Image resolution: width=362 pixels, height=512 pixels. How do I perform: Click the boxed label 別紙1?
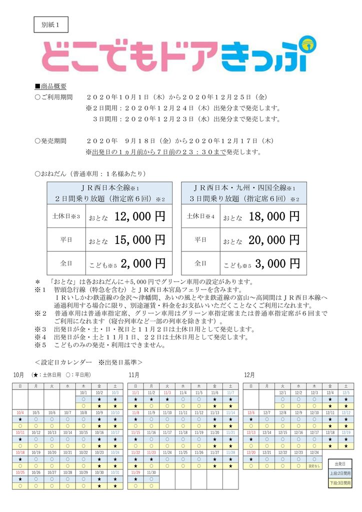(x=50, y=24)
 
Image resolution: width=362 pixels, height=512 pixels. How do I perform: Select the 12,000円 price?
(x=140, y=217)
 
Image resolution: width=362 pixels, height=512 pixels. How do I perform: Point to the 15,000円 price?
(x=140, y=240)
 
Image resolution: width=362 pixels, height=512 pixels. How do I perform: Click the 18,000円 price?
(x=274, y=217)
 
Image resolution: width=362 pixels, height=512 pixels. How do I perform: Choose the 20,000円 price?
(x=274, y=240)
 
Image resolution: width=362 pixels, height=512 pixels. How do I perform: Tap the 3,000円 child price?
(x=276, y=263)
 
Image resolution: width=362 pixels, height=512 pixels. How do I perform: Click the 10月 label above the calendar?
(x=19, y=374)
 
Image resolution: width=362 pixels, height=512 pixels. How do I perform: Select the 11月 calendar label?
(x=133, y=374)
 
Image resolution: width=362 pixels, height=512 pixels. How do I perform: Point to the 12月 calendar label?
(x=249, y=374)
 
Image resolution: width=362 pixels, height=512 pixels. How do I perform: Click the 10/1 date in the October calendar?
(x=83, y=393)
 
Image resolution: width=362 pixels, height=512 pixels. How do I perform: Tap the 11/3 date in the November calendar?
(x=167, y=393)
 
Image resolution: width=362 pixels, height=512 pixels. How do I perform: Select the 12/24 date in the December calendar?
(x=314, y=452)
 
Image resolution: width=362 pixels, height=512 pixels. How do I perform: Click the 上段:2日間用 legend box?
(x=340, y=473)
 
